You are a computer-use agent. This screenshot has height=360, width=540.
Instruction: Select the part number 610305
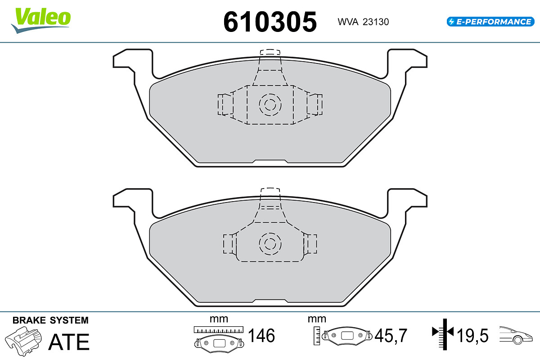(x=270, y=21)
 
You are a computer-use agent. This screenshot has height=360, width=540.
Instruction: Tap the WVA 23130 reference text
(x=363, y=22)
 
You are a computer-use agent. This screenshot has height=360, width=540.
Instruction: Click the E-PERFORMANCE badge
(x=490, y=21)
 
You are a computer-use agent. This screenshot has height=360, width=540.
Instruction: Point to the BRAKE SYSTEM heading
(x=50, y=320)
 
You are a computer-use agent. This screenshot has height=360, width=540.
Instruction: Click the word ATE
(x=69, y=342)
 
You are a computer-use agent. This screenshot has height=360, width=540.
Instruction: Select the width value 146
(x=261, y=336)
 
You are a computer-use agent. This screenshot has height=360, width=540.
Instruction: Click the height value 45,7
(x=391, y=336)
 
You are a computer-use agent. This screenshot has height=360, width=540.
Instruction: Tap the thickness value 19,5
(x=473, y=336)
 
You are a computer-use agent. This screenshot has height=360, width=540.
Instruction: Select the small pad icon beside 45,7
(x=346, y=335)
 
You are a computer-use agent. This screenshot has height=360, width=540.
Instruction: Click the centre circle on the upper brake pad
(x=270, y=105)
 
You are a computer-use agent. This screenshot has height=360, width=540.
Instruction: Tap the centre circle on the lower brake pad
(x=270, y=243)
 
